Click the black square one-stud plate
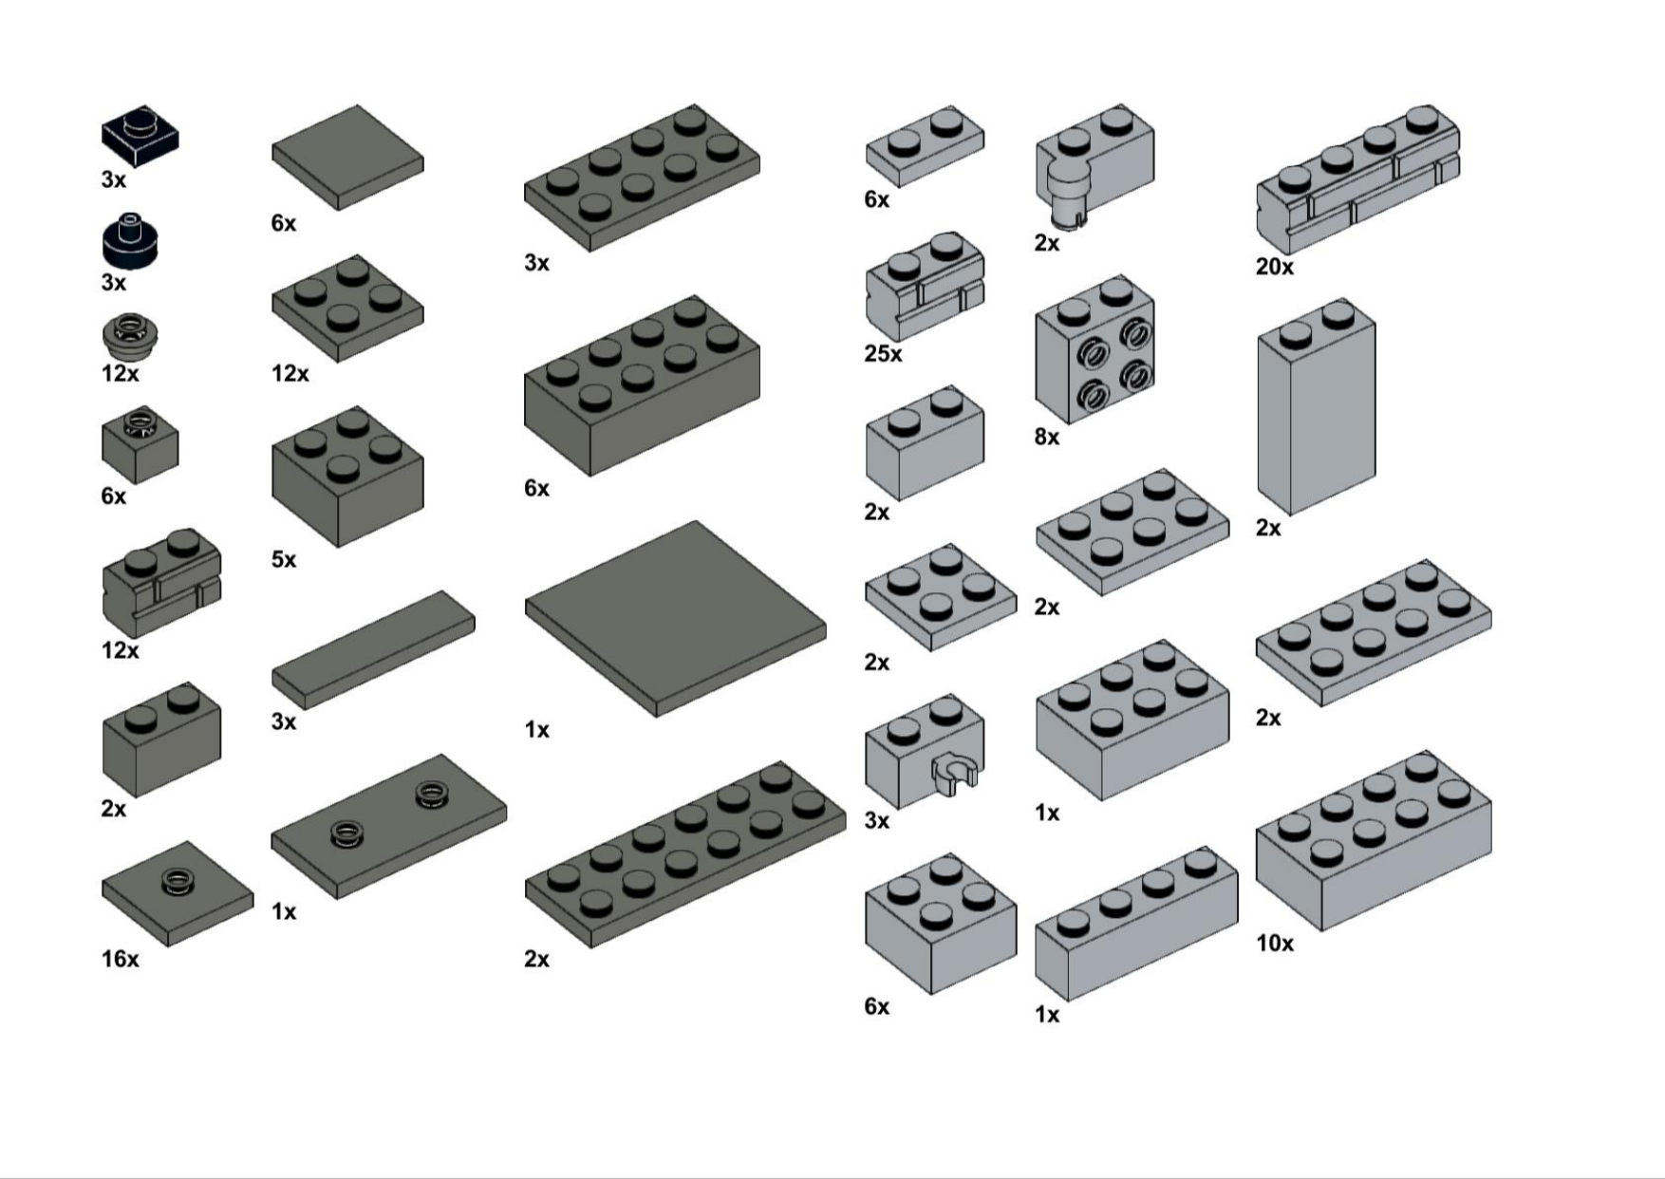pos(140,137)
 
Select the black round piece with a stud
pos(130,240)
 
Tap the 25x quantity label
pos(883,354)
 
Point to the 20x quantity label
pos(1274,268)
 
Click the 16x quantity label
pos(120,960)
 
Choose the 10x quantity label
pos(1274,944)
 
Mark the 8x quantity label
pos(1046,438)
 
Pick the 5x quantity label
pos(283,560)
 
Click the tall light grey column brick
pos(1317,407)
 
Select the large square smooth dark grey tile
pos(675,618)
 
